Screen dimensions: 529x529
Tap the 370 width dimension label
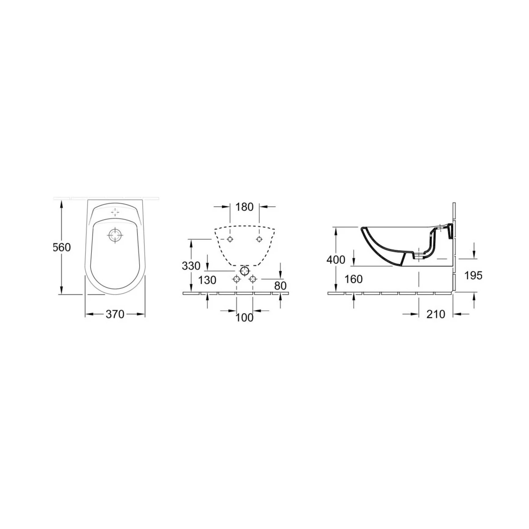click(115, 314)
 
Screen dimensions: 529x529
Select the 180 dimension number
click(245, 207)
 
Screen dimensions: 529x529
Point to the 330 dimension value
click(191, 266)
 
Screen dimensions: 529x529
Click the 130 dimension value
click(207, 280)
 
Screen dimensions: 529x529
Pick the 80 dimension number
click(280, 286)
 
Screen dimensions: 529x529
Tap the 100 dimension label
click(245, 318)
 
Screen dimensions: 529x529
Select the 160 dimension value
click(354, 279)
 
